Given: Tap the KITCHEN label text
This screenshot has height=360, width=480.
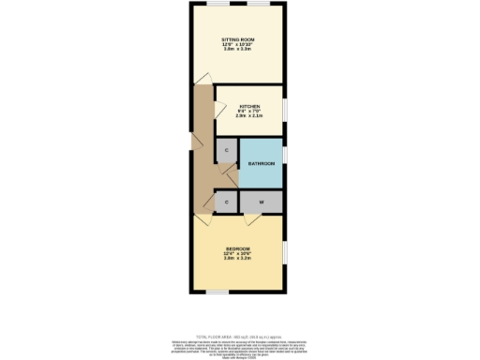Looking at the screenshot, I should [248, 107].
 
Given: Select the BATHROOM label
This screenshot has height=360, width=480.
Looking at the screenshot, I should [262, 164].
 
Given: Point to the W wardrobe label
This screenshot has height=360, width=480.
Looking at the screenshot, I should [262, 202].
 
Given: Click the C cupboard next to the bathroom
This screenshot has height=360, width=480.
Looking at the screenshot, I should [226, 150].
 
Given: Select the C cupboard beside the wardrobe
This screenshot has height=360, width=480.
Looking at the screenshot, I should [226, 202].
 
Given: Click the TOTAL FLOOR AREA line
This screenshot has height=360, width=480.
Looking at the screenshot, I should [239, 335].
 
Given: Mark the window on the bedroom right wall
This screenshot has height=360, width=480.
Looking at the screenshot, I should [285, 253].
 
